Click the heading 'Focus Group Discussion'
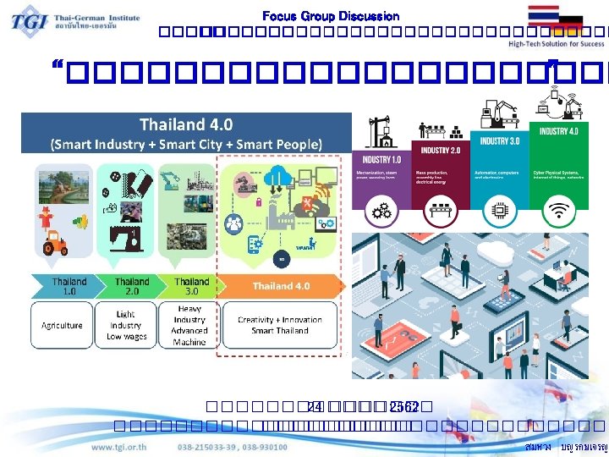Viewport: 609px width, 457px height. [331, 16]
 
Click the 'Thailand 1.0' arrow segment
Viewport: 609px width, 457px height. [69, 286]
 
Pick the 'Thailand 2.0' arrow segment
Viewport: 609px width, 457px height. [131, 286]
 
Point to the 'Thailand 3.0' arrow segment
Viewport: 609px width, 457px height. [190, 286]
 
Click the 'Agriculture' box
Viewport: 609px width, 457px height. [63, 325]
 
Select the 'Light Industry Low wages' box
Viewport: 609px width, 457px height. [127, 325]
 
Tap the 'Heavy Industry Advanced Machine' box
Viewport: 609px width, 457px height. [189, 325]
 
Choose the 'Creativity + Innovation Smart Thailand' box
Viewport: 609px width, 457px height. [279, 325]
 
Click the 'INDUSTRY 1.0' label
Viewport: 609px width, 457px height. [382, 160]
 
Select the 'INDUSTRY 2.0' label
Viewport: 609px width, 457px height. [437, 150]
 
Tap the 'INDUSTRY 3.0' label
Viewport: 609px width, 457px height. [498, 140]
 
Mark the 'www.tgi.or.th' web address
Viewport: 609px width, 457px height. [120, 447]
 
